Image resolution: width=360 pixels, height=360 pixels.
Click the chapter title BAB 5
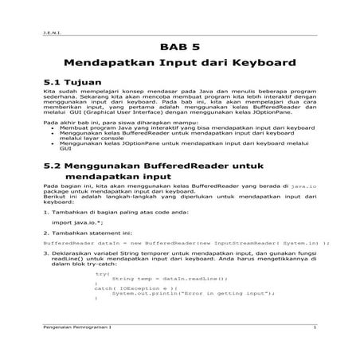point(179,45)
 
